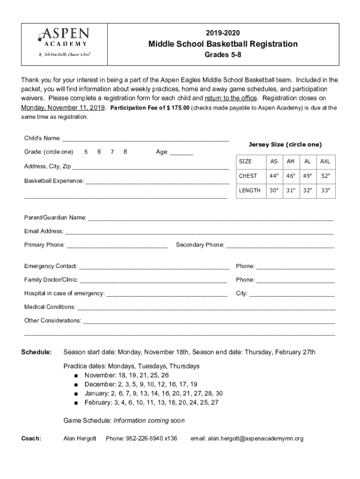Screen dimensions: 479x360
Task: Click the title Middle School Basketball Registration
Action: click(223, 44)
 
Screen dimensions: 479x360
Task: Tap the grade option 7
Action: click(112, 152)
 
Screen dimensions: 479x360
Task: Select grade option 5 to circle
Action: click(86, 152)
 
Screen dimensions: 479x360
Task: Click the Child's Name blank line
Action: click(146, 139)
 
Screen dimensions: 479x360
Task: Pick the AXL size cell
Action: click(325, 161)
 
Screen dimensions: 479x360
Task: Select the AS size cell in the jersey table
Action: click(274, 161)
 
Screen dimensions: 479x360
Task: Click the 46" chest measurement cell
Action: click(290, 176)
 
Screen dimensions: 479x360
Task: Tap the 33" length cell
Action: click(325, 190)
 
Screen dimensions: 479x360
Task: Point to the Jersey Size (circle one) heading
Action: click(285, 145)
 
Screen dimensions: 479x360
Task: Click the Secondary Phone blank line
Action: click(280, 245)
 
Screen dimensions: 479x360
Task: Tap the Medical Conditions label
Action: click(50, 307)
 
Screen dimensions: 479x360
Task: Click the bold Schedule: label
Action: click(36, 352)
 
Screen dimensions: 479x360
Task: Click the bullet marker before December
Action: click(76, 385)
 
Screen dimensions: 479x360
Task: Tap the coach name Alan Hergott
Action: click(79, 438)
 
